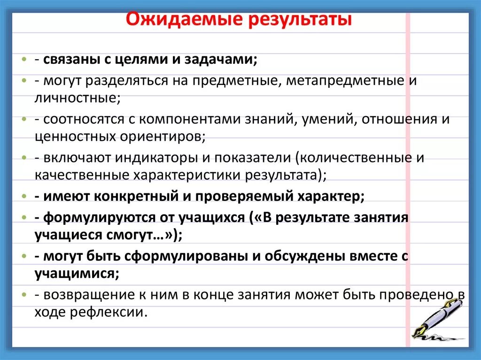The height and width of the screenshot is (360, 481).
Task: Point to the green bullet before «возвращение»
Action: [x=23, y=295]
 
